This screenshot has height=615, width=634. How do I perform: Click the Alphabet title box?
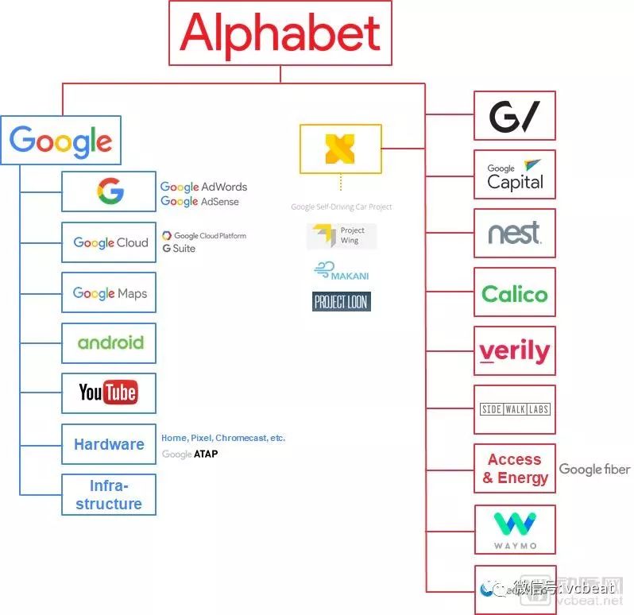280,33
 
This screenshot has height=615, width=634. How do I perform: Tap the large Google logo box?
60,141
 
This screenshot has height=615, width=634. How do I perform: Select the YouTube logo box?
108,393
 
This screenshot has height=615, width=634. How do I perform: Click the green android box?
110,343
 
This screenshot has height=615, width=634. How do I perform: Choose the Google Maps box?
109,293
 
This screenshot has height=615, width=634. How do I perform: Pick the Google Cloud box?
109,242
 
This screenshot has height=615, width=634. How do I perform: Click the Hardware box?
109,444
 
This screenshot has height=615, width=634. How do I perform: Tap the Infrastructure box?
109,494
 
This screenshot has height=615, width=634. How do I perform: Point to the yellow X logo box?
340,149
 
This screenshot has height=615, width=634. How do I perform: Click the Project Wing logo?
342,236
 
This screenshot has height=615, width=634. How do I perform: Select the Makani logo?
341,272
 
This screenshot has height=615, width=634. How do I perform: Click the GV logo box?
514,116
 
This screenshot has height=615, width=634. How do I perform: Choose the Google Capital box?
514,175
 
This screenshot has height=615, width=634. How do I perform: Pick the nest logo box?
514,234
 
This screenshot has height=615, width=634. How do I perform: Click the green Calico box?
514,293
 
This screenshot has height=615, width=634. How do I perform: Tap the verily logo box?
514,351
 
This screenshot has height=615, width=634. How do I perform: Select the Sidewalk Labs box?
514,410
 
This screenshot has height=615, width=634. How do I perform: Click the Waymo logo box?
514,529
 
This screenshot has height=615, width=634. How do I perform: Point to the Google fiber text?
594,469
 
